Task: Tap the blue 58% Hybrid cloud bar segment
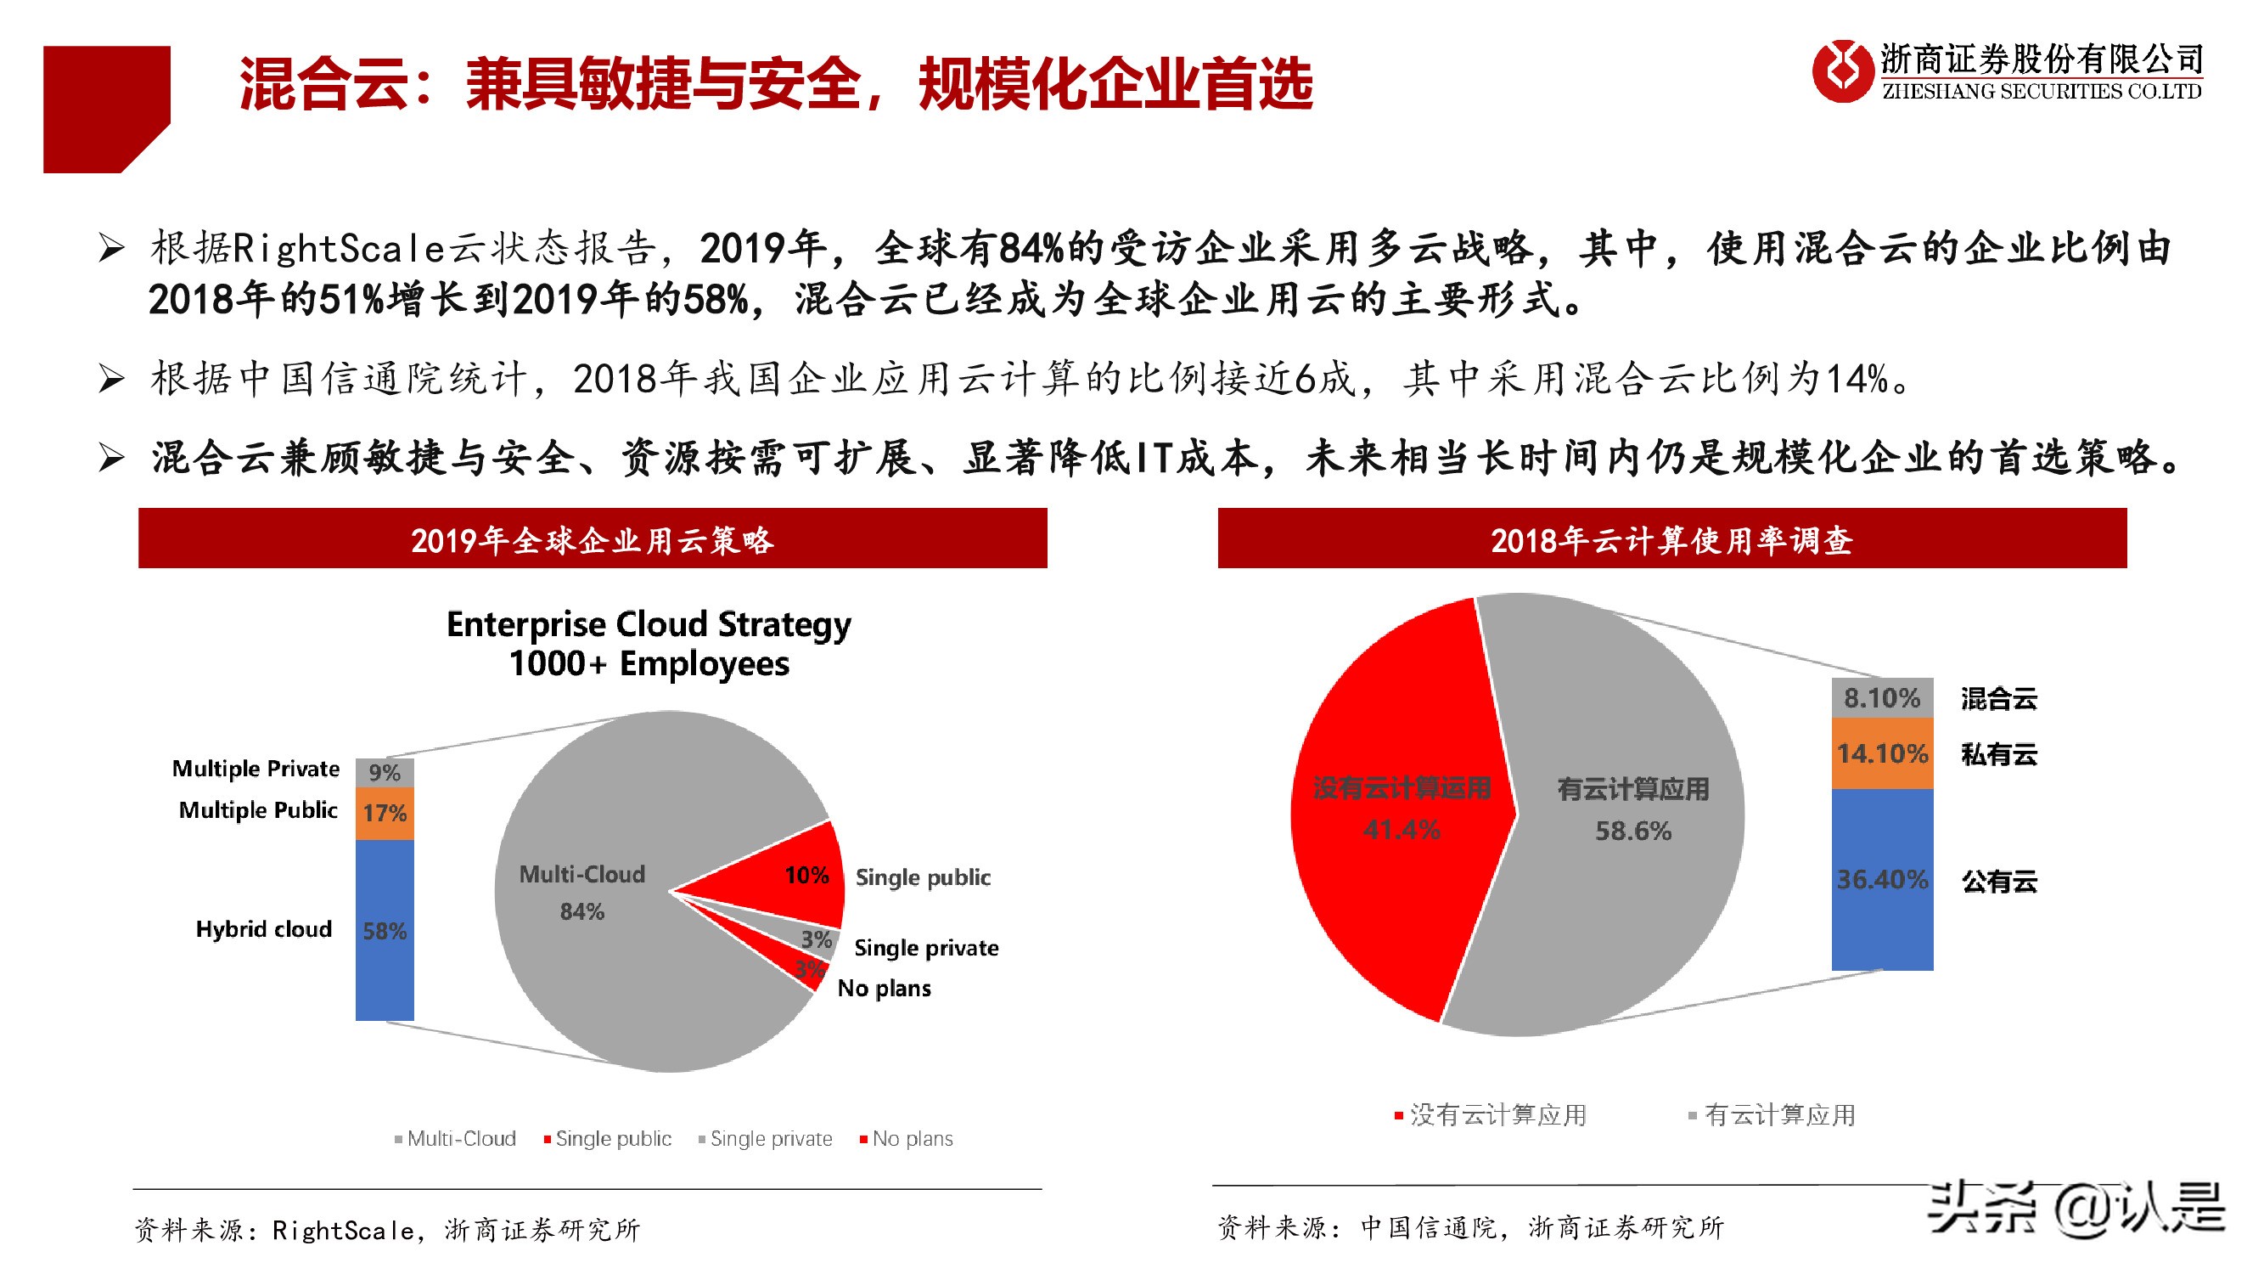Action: [384, 930]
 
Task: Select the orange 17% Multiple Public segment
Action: [384, 814]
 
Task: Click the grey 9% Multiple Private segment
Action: [384, 772]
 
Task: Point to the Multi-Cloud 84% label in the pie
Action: [581, 892]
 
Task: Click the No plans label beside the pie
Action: [884, 989]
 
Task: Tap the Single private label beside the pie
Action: [925, 948]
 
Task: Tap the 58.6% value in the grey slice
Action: [1633, 831]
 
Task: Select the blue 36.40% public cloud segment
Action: [1882, 879]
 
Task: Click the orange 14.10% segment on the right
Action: [1882, 753]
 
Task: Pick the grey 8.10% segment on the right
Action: [1882, 698]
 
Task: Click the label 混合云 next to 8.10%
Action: [1998, 699]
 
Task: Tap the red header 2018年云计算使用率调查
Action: [1671, 539]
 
